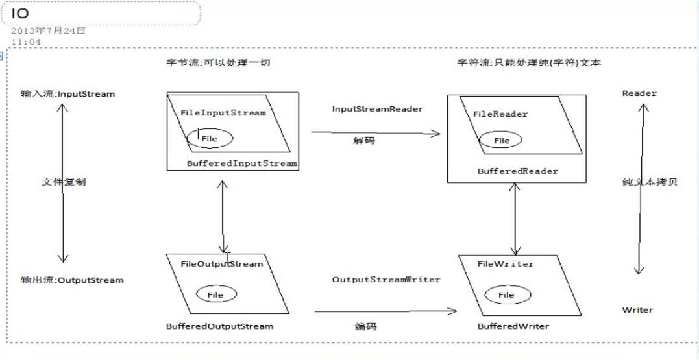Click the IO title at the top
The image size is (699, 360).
coord(19,13)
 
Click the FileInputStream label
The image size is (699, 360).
coord(223,113)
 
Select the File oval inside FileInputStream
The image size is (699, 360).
coord(210,138)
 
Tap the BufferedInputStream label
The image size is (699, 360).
coord(242,163)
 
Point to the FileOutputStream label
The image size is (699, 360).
coord(221,264)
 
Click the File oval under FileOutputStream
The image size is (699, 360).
coord(215,294)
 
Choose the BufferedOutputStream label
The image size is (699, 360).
coord(220,326)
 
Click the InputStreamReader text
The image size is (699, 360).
coord(377,109)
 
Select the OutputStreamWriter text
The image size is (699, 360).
coord(386,280)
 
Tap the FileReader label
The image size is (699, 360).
coord(500,114)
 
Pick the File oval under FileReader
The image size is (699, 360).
coord(502,140)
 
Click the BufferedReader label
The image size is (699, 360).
coord(517,172)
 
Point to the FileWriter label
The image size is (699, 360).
coord(506,264)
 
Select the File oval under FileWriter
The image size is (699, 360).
coord(506,295)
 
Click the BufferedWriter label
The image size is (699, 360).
coord(513,326)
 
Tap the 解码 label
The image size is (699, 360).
coord(364,140)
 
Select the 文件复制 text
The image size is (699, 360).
coord(63,182)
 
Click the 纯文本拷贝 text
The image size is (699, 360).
coord(650,182)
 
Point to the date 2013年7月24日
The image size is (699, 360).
coord(49,31)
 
